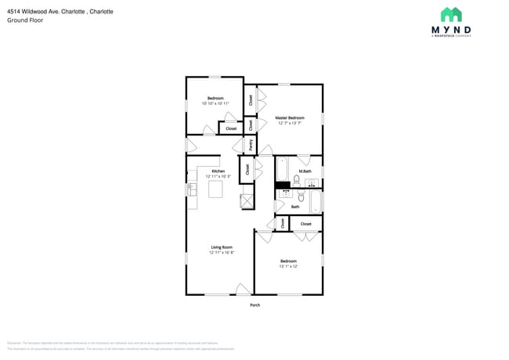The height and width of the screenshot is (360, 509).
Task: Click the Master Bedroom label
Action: [x=289, y=118]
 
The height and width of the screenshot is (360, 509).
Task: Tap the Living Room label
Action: [x=221, y=247]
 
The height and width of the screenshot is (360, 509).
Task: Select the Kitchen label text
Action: [x=218, y=171]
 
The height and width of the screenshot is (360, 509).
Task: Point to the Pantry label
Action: [x=251, y=144]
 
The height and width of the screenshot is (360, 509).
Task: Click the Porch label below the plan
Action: [x=254, y=304]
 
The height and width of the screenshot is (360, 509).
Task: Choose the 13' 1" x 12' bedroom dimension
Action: [x=288, y=266]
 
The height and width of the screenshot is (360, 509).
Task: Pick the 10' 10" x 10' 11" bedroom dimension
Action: [x=215, y=103]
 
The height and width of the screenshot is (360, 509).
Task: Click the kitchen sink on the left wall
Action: [x=191, y=189]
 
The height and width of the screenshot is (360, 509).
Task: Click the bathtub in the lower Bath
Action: [x=315, y=202]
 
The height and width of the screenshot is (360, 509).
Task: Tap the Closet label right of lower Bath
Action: [x=305, y=224]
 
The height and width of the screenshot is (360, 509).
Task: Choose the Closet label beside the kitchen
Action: [x=247, y=167]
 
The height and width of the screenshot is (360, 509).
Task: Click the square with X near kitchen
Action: [x=247, y=201]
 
